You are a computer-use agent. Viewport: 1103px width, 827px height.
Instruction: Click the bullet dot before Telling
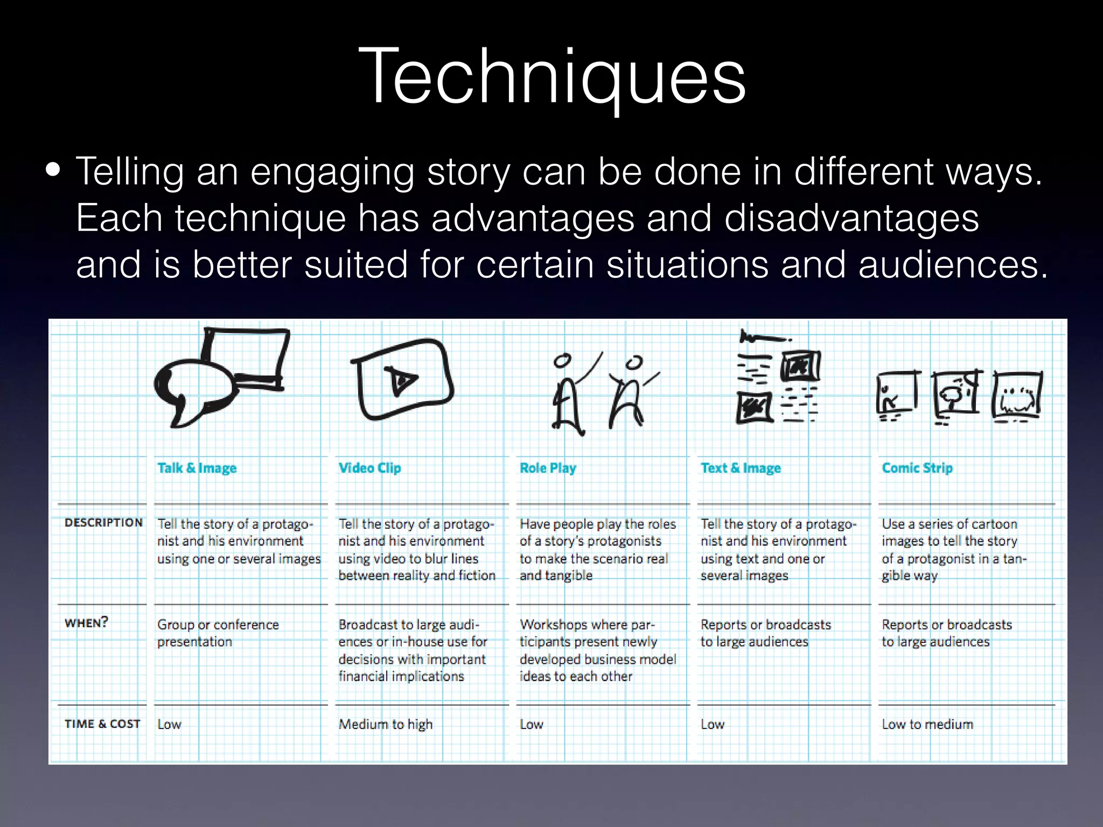tap(53, 170)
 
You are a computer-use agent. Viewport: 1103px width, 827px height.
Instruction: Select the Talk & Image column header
tap(197, 468)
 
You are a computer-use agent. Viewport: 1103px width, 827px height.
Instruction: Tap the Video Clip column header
tap(369, 468)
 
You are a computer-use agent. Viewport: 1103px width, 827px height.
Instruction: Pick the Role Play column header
tap(547, 468)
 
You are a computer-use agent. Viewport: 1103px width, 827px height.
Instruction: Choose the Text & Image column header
tap(740, 468)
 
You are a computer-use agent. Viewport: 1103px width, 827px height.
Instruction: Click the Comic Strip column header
tap(917, 468)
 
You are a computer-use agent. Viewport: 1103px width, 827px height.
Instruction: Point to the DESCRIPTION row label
tap(103, 522)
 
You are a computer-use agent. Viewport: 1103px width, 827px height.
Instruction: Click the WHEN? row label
tap(86, 623)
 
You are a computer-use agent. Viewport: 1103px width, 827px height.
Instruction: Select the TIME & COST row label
tap(102, 724)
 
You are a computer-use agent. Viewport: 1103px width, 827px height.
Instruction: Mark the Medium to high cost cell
tap(385, 724)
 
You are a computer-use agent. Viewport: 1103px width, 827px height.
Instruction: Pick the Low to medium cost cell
tap(927, 724)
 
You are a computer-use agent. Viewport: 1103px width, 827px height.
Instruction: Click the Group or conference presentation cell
tap(218, 633)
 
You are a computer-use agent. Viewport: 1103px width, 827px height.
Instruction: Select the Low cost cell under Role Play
tap(531, 724)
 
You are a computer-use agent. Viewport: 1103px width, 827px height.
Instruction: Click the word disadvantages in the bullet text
tap(851, 218)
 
